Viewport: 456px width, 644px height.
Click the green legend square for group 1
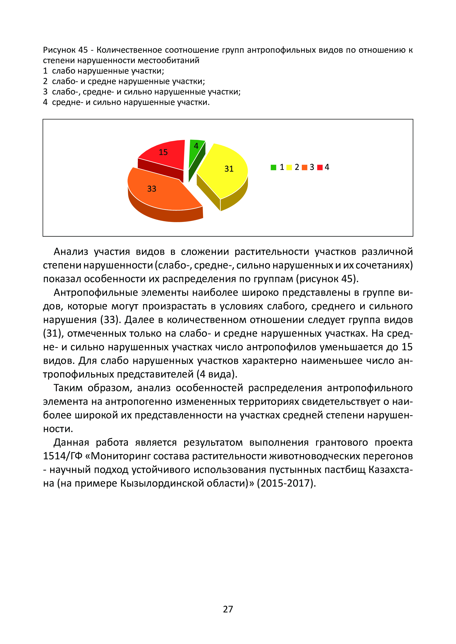(273, 167)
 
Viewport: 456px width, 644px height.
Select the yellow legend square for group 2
(289, 167)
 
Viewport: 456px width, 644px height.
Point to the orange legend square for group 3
(304, 167)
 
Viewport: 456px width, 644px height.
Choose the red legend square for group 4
(320, 167)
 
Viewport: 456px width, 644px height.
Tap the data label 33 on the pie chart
(152, 189)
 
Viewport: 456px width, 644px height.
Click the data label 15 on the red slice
(163, 152)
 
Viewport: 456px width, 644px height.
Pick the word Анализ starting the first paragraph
(71, 252)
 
